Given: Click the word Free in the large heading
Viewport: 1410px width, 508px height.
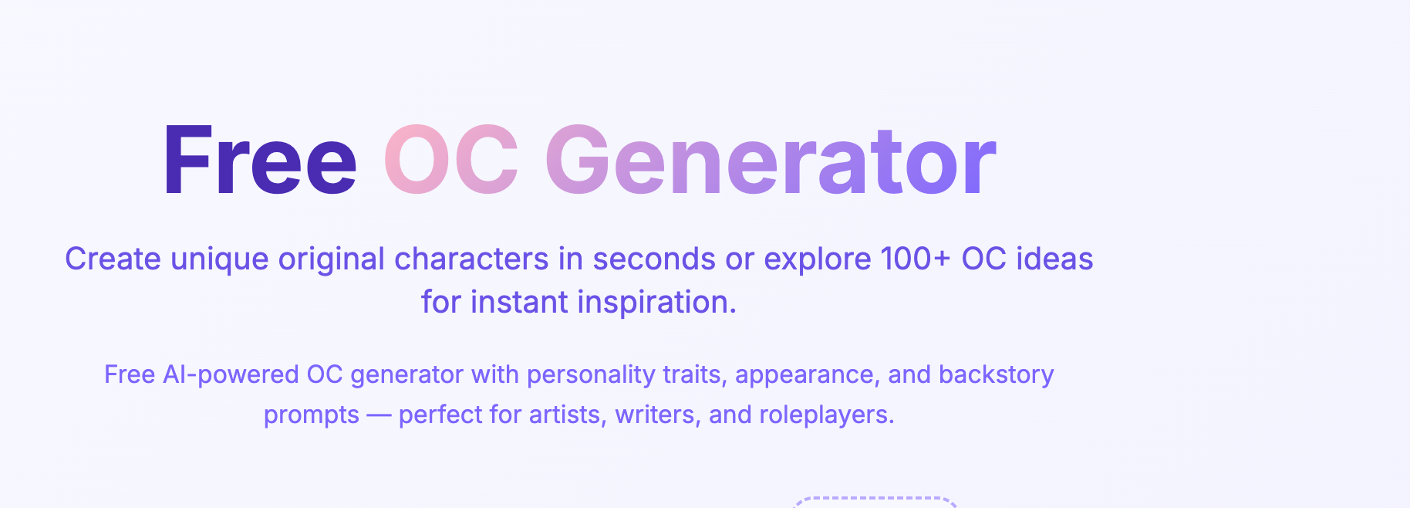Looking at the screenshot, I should pyautogui.click(x=259, y=161).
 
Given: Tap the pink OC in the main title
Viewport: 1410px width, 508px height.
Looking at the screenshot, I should pyautogui.click(x=451, y=161).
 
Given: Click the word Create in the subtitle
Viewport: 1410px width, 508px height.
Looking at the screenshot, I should pyautogui.click(x=113, y=259).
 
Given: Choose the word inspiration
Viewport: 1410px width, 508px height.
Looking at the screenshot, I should pyautogui.click(x=657, y=303).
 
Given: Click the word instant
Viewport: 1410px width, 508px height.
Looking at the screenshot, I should pyautogui.click(x=519, y=303).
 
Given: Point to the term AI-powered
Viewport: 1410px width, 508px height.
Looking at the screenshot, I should pyautogui.click(x=231, y=375).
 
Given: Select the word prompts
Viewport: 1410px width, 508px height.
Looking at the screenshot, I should pyautogui.click(x=312, y=415).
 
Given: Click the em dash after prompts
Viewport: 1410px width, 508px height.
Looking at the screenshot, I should pyautogui.click(x=379, y=415).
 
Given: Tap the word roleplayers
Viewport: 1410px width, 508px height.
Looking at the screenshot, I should pyautogui.click(x=826, y=415).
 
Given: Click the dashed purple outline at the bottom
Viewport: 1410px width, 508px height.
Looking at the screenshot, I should pyautogui.click(x=875, y=500).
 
